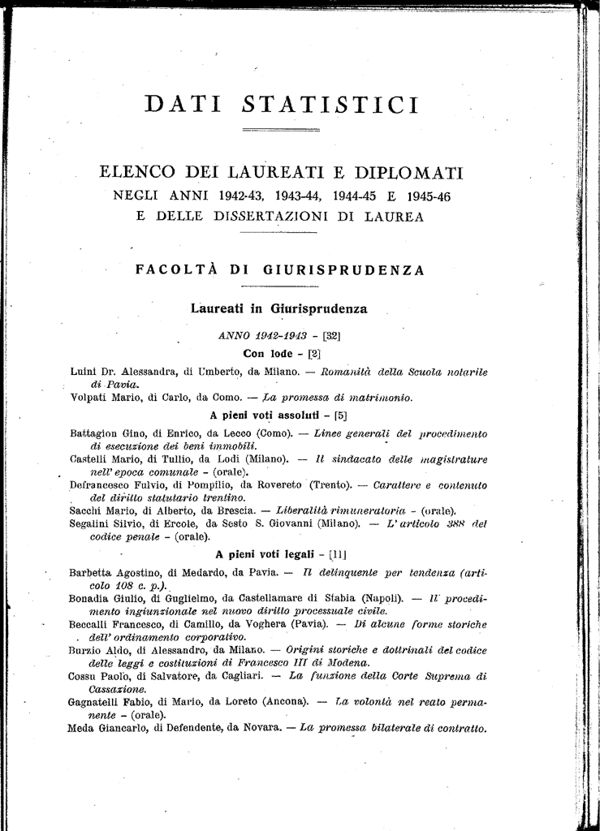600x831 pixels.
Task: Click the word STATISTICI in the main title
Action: [x=330, y=105]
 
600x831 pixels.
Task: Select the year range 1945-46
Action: [x=423, y=196]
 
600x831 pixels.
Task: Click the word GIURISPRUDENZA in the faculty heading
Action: [x=343, y=271]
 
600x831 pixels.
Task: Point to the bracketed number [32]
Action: [x=331, y=335]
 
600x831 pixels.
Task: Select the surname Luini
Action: [x=83, y=372]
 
